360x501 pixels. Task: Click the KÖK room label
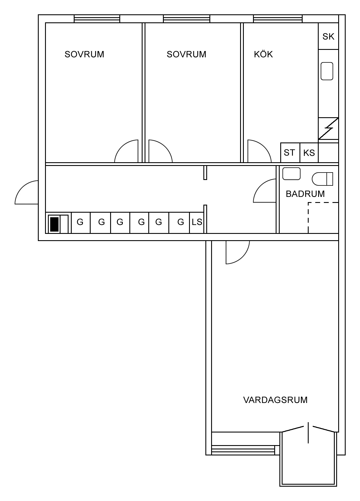(263, 54)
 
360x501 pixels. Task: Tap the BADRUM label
(305, 194)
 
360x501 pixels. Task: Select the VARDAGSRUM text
(275, 400)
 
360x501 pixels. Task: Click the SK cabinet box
(328, 36)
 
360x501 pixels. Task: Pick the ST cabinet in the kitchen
(290, 152)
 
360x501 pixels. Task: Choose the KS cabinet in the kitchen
(309, 153)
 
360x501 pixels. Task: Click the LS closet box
(197, 222)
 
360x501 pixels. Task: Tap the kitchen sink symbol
(327, 71)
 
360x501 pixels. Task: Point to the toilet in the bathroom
(322, 179)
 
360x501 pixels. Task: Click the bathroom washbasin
(291, 173)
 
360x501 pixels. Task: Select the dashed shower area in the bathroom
(323, 218)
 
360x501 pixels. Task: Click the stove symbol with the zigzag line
(328, 128)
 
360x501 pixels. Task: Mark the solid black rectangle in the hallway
(54, 224)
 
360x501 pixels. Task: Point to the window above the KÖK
(278, 19)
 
